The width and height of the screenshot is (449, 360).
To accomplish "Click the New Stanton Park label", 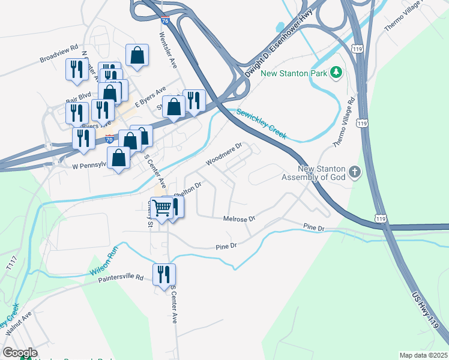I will (x=292, y=74).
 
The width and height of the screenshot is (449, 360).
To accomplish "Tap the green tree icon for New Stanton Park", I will (x=336, y=73).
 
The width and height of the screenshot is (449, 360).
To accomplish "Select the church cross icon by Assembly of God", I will (x=355, y=173).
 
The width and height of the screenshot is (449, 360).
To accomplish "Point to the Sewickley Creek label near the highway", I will (x=262, y=123).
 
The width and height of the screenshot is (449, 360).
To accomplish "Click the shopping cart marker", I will (x=161, y=208).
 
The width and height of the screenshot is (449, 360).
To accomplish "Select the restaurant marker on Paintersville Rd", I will (x=164, y=274).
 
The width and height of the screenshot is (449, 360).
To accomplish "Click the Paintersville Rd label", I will (x=122, y=278).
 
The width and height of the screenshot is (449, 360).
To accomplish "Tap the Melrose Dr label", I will (x=240, y=219).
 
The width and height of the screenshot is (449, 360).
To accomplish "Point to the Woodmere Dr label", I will (x=223, y=154).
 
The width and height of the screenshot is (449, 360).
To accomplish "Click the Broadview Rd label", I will (x=59, y=54).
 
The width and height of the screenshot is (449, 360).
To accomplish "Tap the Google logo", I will (x=20, y=353).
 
